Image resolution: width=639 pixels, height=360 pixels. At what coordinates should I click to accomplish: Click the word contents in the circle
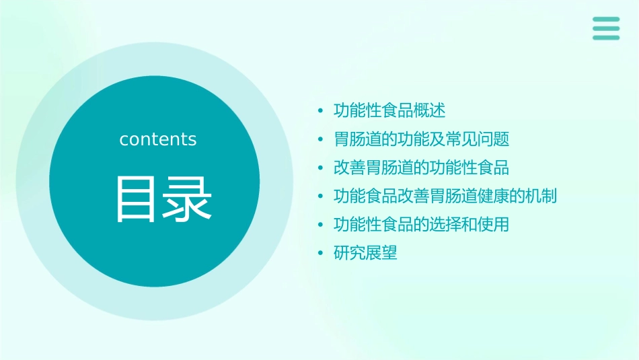158,139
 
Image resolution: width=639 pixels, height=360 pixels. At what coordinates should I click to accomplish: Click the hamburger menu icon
605,28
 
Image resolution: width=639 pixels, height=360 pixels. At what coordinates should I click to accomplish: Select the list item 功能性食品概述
389,110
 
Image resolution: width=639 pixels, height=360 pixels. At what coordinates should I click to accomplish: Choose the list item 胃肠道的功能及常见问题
421,139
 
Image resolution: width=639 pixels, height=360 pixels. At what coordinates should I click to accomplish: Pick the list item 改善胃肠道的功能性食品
421,168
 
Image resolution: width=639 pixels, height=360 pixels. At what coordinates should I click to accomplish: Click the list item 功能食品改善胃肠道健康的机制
445,196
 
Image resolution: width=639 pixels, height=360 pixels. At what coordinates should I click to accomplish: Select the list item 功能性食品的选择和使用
421,225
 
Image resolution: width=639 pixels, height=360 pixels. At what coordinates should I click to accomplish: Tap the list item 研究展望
365,254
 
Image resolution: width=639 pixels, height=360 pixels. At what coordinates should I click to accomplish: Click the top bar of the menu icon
605,20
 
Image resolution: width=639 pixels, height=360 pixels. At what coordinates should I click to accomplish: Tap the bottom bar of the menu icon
605,37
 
